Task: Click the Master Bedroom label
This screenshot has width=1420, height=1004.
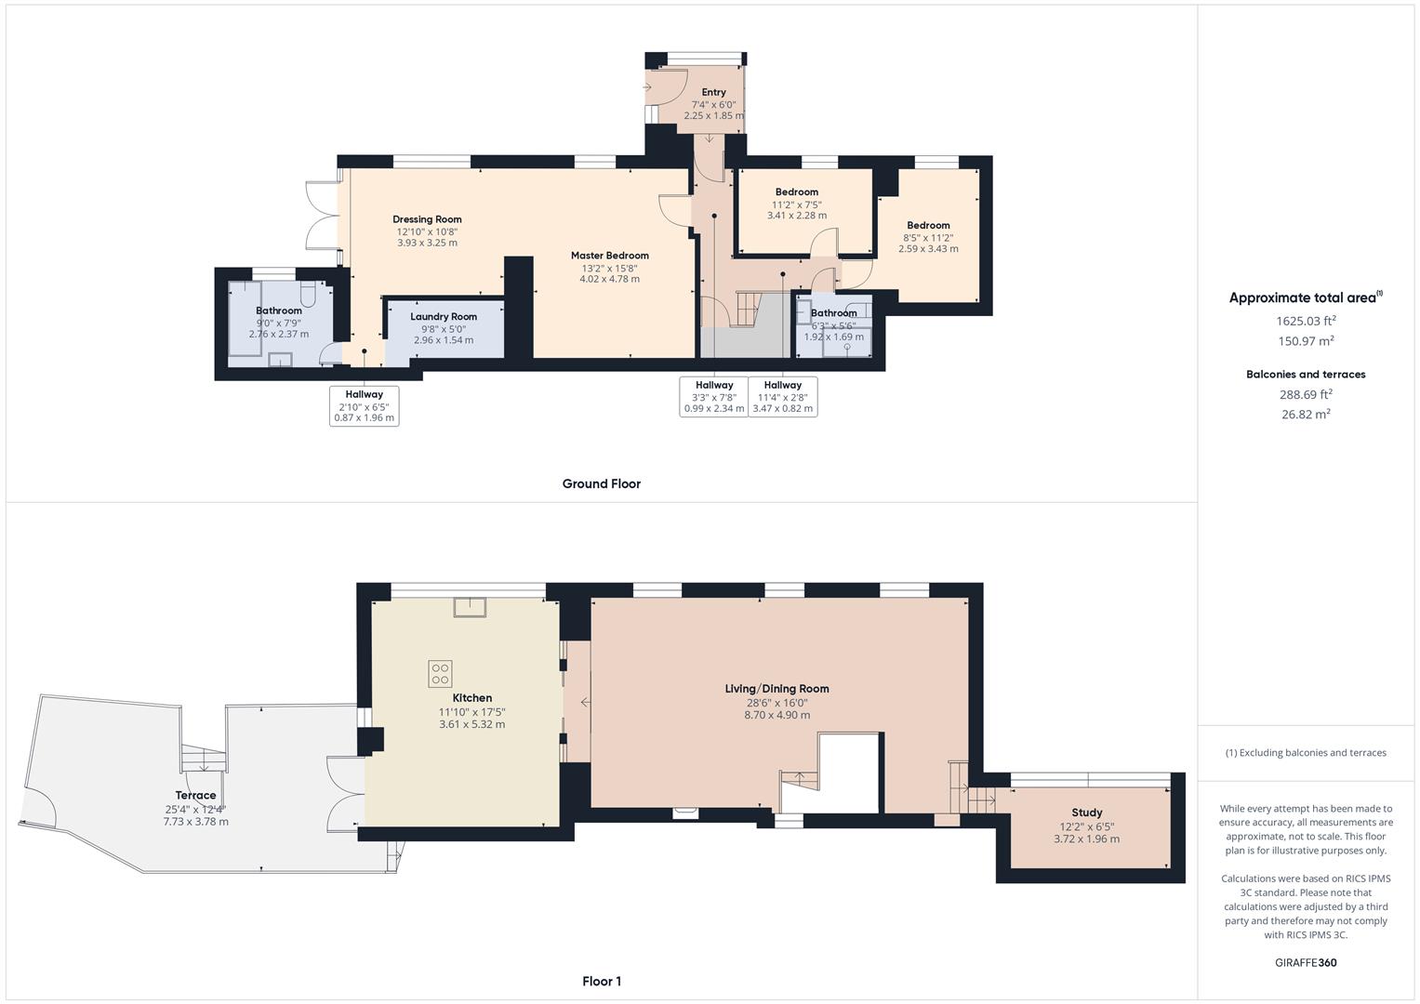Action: click(x=609, y=256)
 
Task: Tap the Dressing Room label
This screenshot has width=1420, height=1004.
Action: click(x=427, y=219)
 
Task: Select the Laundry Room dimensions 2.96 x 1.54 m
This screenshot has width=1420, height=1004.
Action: click(x=444, y=340)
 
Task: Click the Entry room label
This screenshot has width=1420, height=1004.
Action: click(x=713, y=92)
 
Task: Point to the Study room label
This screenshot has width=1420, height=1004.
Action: click(x=1086, y=812)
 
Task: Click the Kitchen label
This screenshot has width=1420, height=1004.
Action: click(x=471, y=698)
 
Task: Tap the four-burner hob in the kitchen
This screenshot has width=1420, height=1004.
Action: click(x=440, y=673)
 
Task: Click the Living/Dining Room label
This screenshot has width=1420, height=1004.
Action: click(x=776, y=689)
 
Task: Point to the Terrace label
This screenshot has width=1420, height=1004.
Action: click(x=195, y=796)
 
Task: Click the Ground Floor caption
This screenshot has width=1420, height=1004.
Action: click(x=601, y=483)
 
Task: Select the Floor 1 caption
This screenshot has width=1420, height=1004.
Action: click(x=601, y=981)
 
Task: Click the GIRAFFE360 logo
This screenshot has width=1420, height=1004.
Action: click(x=1305, y=962)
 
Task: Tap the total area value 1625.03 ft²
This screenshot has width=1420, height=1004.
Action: click(x=1306, y=321)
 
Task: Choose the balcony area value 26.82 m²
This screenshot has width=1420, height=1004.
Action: click(x=1306, y=415)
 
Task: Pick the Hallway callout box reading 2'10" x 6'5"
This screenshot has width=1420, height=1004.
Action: click(x=364, y=406)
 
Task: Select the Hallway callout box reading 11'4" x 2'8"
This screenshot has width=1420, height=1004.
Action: click(x=782, y=397)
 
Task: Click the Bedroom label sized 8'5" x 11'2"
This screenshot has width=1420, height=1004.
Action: click(x=928, y=225)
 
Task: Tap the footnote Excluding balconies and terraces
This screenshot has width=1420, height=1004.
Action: click(x=1305, y=753)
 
